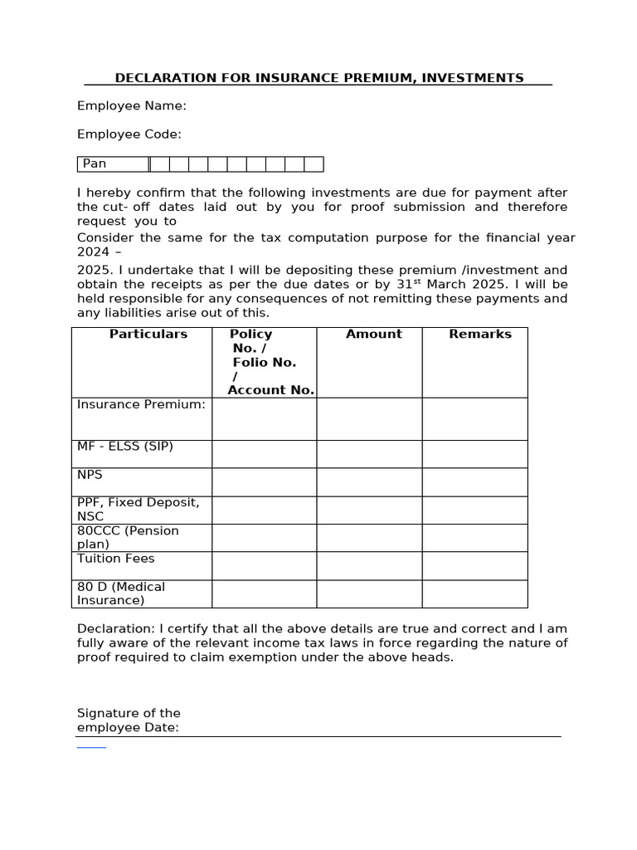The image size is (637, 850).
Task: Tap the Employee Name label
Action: [x=131, y=105]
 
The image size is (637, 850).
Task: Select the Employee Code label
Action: [x=129, y=134]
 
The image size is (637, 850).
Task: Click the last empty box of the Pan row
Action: [x=314, y=164]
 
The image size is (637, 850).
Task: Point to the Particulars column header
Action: [x=148, y=334]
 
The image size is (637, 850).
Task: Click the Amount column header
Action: [x=373, y=334]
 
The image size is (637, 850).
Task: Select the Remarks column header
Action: [x=480, y=334]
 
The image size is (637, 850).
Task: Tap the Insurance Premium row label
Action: [x=141, y=404]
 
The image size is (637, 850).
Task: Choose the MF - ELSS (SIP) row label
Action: [x=125, y=447]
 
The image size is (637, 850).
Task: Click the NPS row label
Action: [x=90, y=475]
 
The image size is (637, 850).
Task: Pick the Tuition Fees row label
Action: [x=115, y=559]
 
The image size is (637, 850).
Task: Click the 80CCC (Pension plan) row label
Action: [x=128, y=537]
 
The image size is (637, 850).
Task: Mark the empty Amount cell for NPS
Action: [x=369, y=481]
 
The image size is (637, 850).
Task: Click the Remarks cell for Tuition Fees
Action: [x=474, y=565]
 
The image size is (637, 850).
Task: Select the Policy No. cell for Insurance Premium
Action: [x=264, y=418]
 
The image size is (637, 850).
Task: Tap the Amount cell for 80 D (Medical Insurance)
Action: [x=369, y=594]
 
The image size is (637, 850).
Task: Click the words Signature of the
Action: [x=129, y=713]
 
